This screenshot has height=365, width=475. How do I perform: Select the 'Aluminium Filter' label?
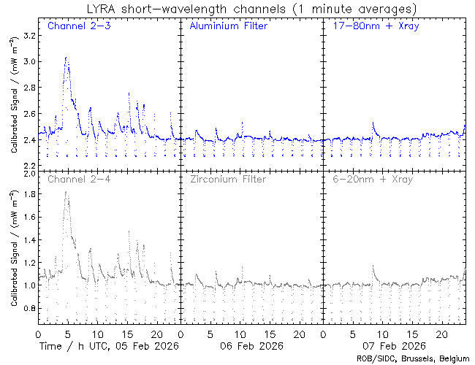pyautogui.click(x=228, y=26)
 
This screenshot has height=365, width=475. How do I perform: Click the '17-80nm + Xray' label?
pyautogui.click(x=370, y=26)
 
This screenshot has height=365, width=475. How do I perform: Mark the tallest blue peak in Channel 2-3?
pyautogui.click(x=66, y=58)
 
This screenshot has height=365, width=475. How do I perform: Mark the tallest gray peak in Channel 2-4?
pyautogui.click(x=66, y=193)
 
